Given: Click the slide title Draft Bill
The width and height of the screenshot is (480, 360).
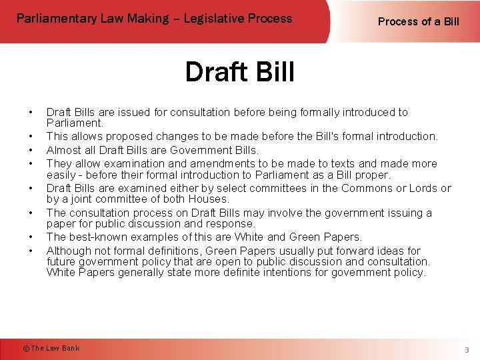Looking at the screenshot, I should (239, 72).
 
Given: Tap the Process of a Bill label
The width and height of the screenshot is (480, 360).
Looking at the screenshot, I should (418, 21).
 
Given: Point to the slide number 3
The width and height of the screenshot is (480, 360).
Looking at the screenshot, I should (467, 350).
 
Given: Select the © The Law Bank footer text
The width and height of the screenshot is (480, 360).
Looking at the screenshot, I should (51, 348).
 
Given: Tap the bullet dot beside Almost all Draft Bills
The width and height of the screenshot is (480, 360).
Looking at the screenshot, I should (31, 150).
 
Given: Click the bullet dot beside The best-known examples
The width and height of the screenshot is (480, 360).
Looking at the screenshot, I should (31, 237).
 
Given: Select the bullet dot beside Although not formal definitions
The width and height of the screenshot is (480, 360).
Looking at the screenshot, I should (31, 251).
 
